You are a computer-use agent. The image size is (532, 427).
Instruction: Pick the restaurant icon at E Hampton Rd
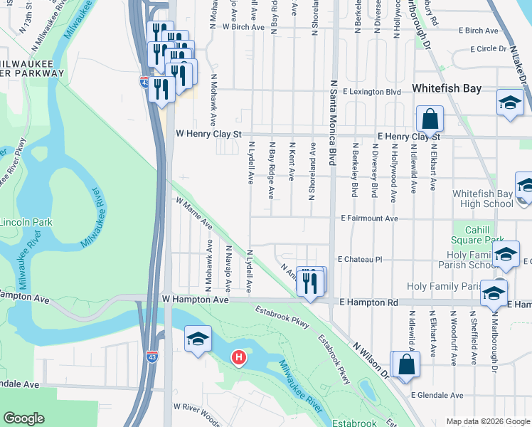pos(311,283)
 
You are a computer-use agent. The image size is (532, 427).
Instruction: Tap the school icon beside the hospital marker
pos(198,339)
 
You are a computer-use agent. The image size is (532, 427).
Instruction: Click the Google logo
pos(23,418)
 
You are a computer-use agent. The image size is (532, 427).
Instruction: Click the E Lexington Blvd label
pos(371,93)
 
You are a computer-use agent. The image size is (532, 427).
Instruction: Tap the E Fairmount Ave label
pos(369,218)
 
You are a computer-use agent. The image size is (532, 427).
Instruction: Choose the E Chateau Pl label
pos(360,260)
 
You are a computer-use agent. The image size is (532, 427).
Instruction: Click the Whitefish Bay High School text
pos(482,199)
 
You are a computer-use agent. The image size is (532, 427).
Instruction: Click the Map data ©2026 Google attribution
pos(487,421)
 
